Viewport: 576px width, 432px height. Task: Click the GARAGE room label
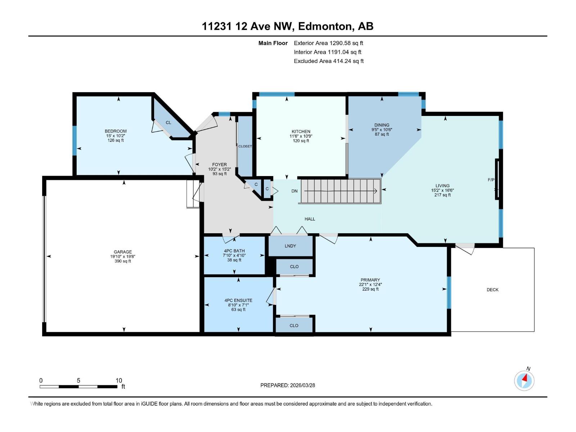point(123,252)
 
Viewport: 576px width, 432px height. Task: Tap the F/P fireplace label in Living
point(491,180)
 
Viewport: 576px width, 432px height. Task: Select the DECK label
point(492,290)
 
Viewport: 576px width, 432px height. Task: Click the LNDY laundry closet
point(290,246)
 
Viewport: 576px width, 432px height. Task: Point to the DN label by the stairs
point(294,191)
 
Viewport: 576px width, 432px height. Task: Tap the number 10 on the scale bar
point(119,381)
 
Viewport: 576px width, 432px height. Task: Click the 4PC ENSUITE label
point(238,300)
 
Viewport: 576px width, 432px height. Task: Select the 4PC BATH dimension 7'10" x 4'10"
point(234,256)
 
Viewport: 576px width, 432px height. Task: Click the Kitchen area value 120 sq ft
point(301,141)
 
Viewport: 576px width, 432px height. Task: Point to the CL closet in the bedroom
point(168,123)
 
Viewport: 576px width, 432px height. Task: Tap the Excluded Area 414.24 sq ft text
point(328,61)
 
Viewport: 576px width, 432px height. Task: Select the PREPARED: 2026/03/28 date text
point(288,385)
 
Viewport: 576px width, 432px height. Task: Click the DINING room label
point(382,125)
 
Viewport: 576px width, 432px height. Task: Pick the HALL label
point(310,219)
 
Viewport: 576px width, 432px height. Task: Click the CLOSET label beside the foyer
point(245,147)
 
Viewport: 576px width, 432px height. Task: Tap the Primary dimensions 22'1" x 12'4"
point(370,284)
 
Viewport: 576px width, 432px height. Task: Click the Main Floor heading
point(273,43)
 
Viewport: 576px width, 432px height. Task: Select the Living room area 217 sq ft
point(442,195)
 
